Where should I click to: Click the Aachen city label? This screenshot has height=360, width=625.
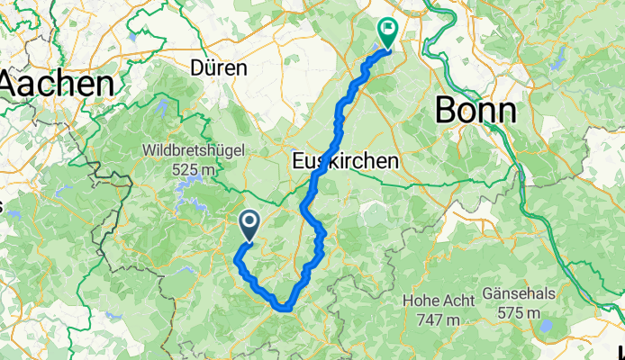tap(56, 85)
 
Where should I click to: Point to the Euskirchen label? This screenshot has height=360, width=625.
tap(346, 161)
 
